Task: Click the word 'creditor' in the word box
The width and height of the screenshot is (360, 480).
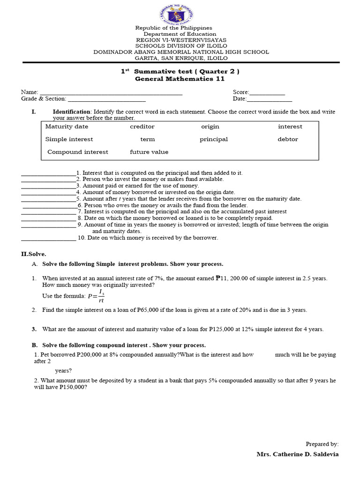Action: tap(142, 127)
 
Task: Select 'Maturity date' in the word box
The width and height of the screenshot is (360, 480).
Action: tap(67, 127)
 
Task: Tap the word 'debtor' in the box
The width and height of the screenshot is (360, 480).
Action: tap(287, 139)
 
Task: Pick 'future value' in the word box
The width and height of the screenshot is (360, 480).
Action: tap(149, 152)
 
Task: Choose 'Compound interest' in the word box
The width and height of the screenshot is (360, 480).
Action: tap(78, 152)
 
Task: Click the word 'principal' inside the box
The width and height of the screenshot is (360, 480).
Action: tap(213, 139)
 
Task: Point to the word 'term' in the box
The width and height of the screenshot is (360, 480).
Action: tap(147, 139)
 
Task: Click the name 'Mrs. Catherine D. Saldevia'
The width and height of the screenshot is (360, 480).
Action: tap(297, 454)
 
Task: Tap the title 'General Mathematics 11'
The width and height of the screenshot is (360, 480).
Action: tap(180, 79)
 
